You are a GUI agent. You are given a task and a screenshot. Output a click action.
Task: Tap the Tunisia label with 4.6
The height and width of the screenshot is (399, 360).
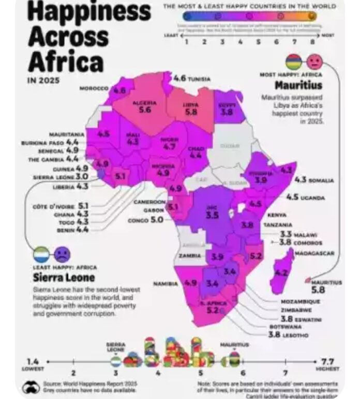[192, 79]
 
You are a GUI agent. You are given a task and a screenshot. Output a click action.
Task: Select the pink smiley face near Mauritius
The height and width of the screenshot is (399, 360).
[313, 63]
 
